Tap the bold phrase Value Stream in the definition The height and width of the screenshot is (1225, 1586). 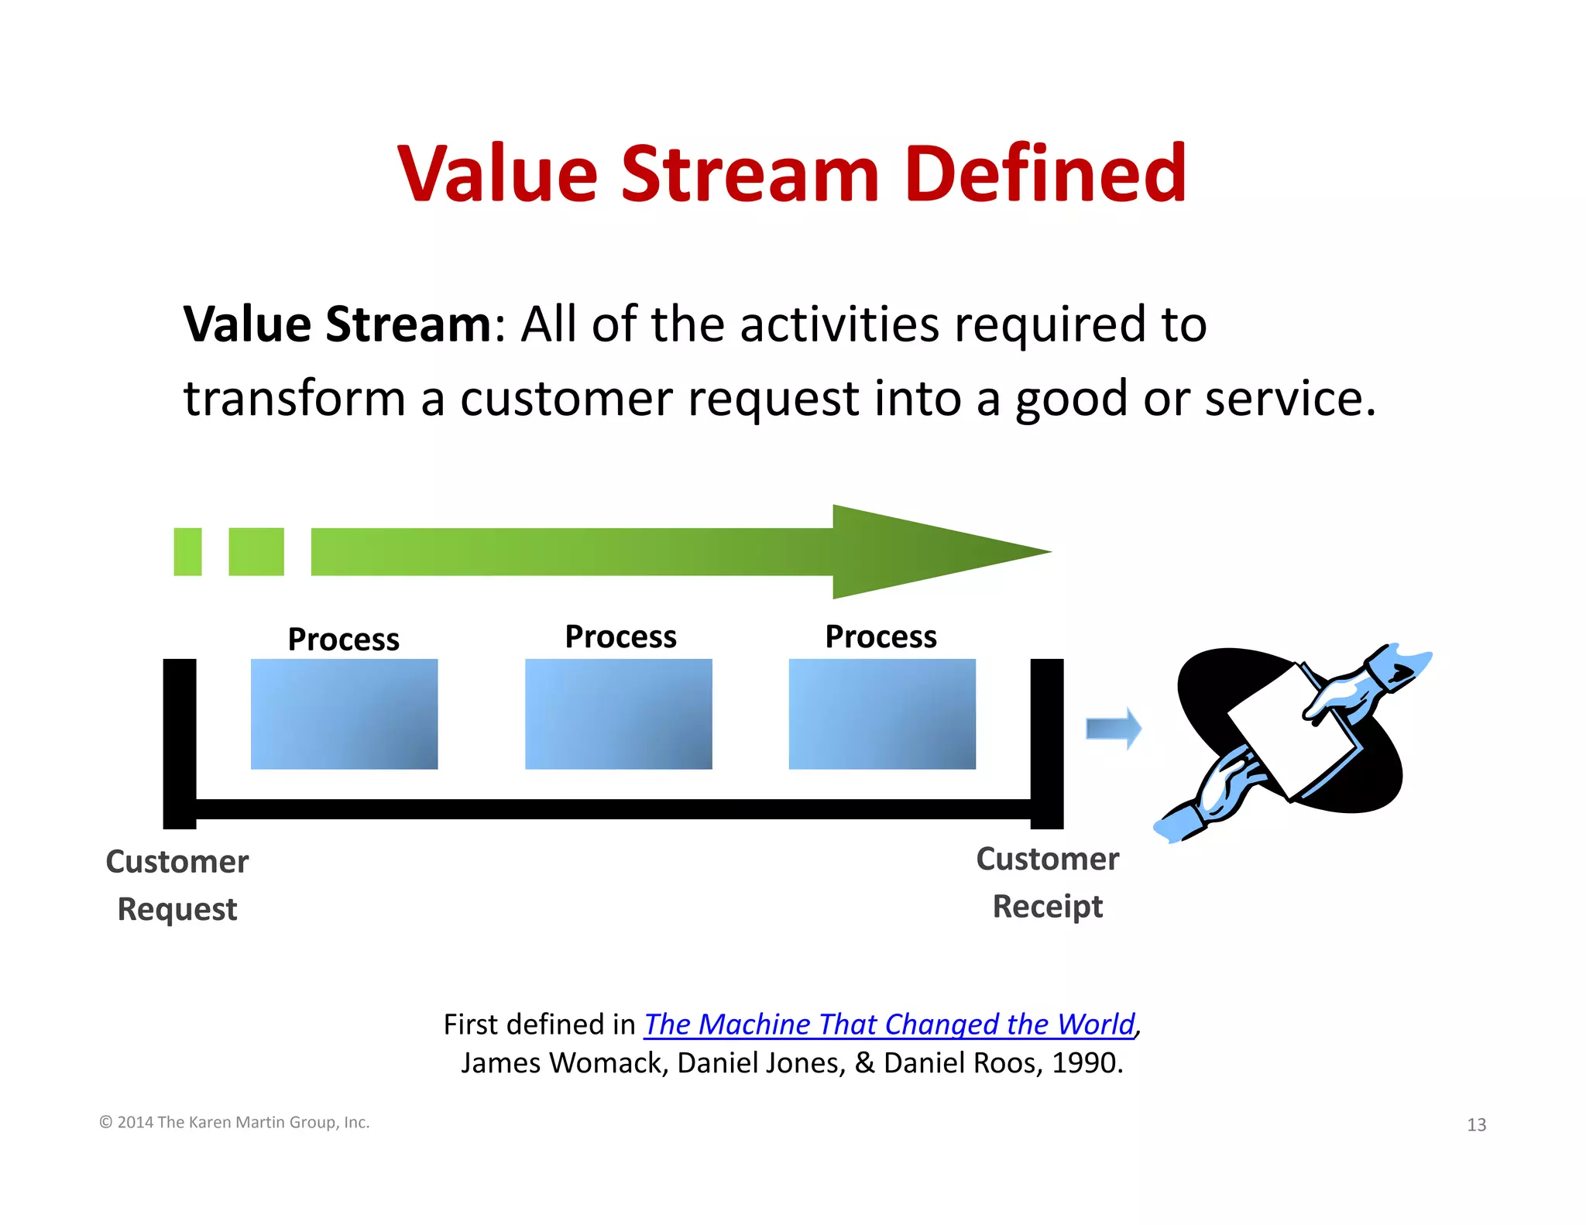tap(337, 324)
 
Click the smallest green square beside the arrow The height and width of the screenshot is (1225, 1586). tap(187, 551)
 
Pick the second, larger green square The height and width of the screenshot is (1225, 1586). tap(256, 551)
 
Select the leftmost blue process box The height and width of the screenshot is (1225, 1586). tap(344, 713)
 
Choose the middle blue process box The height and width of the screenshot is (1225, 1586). tap(618, 713)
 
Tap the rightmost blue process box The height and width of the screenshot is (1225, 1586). tap(881, 713)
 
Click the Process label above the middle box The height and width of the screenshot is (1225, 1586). tap(620, 637)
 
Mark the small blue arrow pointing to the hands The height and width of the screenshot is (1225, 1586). tap(1113, 729)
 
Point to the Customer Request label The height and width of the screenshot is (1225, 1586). tap(177, 885)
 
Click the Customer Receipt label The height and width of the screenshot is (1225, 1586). tap(1047, 882)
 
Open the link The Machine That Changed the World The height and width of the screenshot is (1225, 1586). tap(889, 1024)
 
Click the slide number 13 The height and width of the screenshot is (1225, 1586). tap(1476, 1124)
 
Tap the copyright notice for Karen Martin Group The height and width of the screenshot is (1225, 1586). tap(235, 1122)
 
